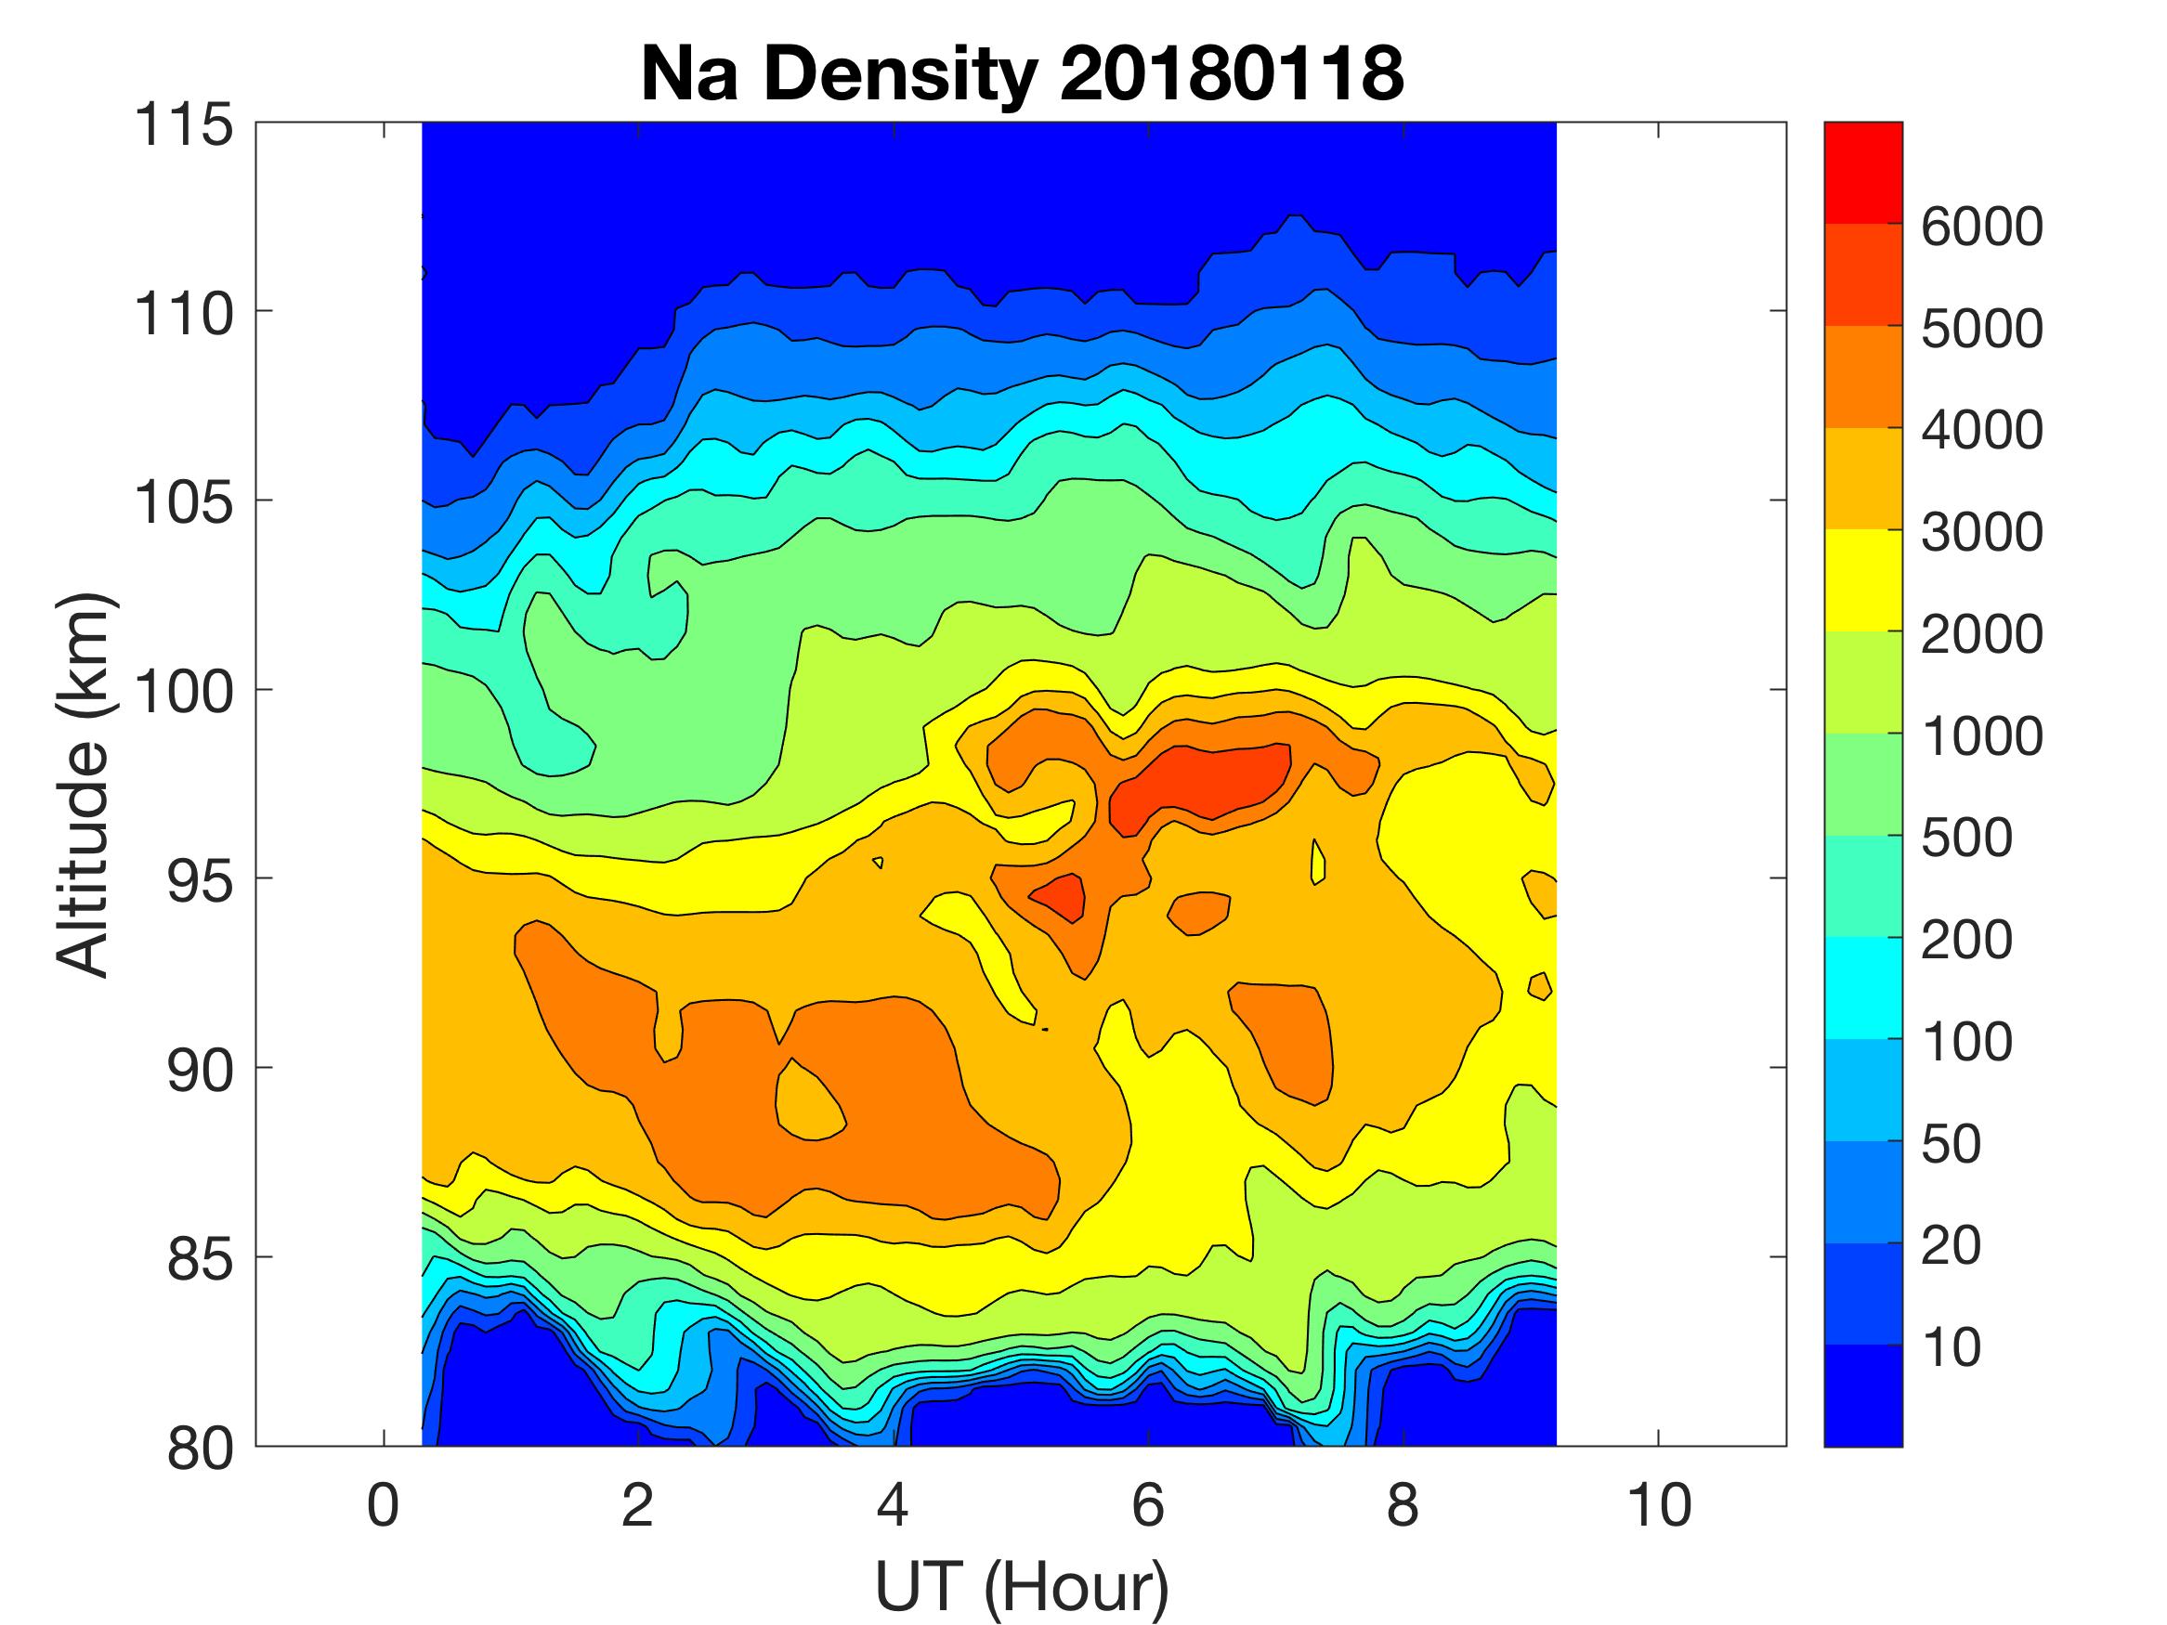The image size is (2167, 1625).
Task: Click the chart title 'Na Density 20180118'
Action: [x=1021, y=74]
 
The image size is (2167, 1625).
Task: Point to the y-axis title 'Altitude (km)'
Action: [x=83, y=784]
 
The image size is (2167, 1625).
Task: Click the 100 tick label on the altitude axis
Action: [x=184, y=692]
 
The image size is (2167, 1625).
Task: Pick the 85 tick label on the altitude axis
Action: [x=200, y=1258]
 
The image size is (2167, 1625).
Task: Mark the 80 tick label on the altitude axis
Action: [x=200, y=1448]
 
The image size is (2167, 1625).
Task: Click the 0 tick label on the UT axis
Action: [x=383, y=1504]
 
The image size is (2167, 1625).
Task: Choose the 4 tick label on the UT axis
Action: [x=893, y=1504]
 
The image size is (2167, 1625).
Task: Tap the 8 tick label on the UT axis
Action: [x=1403, y=1504]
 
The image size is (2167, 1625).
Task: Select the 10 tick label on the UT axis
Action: [x=1659, y=1504]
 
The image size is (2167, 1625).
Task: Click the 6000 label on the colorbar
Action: [x=1981, y=227]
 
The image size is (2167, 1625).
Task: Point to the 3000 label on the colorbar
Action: [x=1981, y=533]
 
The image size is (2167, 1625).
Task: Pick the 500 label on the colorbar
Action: [x=1966, y=838]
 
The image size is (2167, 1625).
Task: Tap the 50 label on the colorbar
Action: [x=1951, y=1144]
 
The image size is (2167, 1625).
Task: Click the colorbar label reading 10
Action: [x=1951, y=1347]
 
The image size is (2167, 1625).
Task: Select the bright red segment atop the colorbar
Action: [x=1862, y=174]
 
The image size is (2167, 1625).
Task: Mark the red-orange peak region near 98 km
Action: [x=1205, y=779]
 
